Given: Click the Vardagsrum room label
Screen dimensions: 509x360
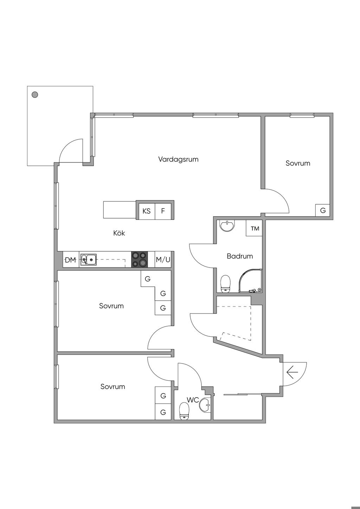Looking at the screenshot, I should click(178, 159).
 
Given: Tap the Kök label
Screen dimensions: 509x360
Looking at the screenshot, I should click(119, 233).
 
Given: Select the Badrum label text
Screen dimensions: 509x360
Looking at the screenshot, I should click(240, 256).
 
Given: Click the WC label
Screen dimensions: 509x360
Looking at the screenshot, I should click(193, 400).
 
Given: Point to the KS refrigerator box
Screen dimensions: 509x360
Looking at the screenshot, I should click(147, 211).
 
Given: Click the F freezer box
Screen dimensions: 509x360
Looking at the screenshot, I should click(163, 211).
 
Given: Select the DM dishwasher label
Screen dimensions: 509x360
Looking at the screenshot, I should click(70, 260).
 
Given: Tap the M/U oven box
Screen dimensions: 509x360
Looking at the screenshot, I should click(163, 260).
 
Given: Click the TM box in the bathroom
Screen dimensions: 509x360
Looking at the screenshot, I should click(255, 228).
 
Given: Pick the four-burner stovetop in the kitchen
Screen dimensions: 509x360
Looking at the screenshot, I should click(140, 259).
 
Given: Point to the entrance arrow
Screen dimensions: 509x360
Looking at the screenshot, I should click(292, 372).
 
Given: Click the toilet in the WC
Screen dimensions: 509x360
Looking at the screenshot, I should click(184, 411).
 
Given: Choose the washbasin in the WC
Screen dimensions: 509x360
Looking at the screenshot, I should click(205, 405).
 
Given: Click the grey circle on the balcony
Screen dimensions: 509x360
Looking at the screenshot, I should click(35, 95).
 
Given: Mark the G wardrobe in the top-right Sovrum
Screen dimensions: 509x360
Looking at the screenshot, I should click(323, 211).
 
